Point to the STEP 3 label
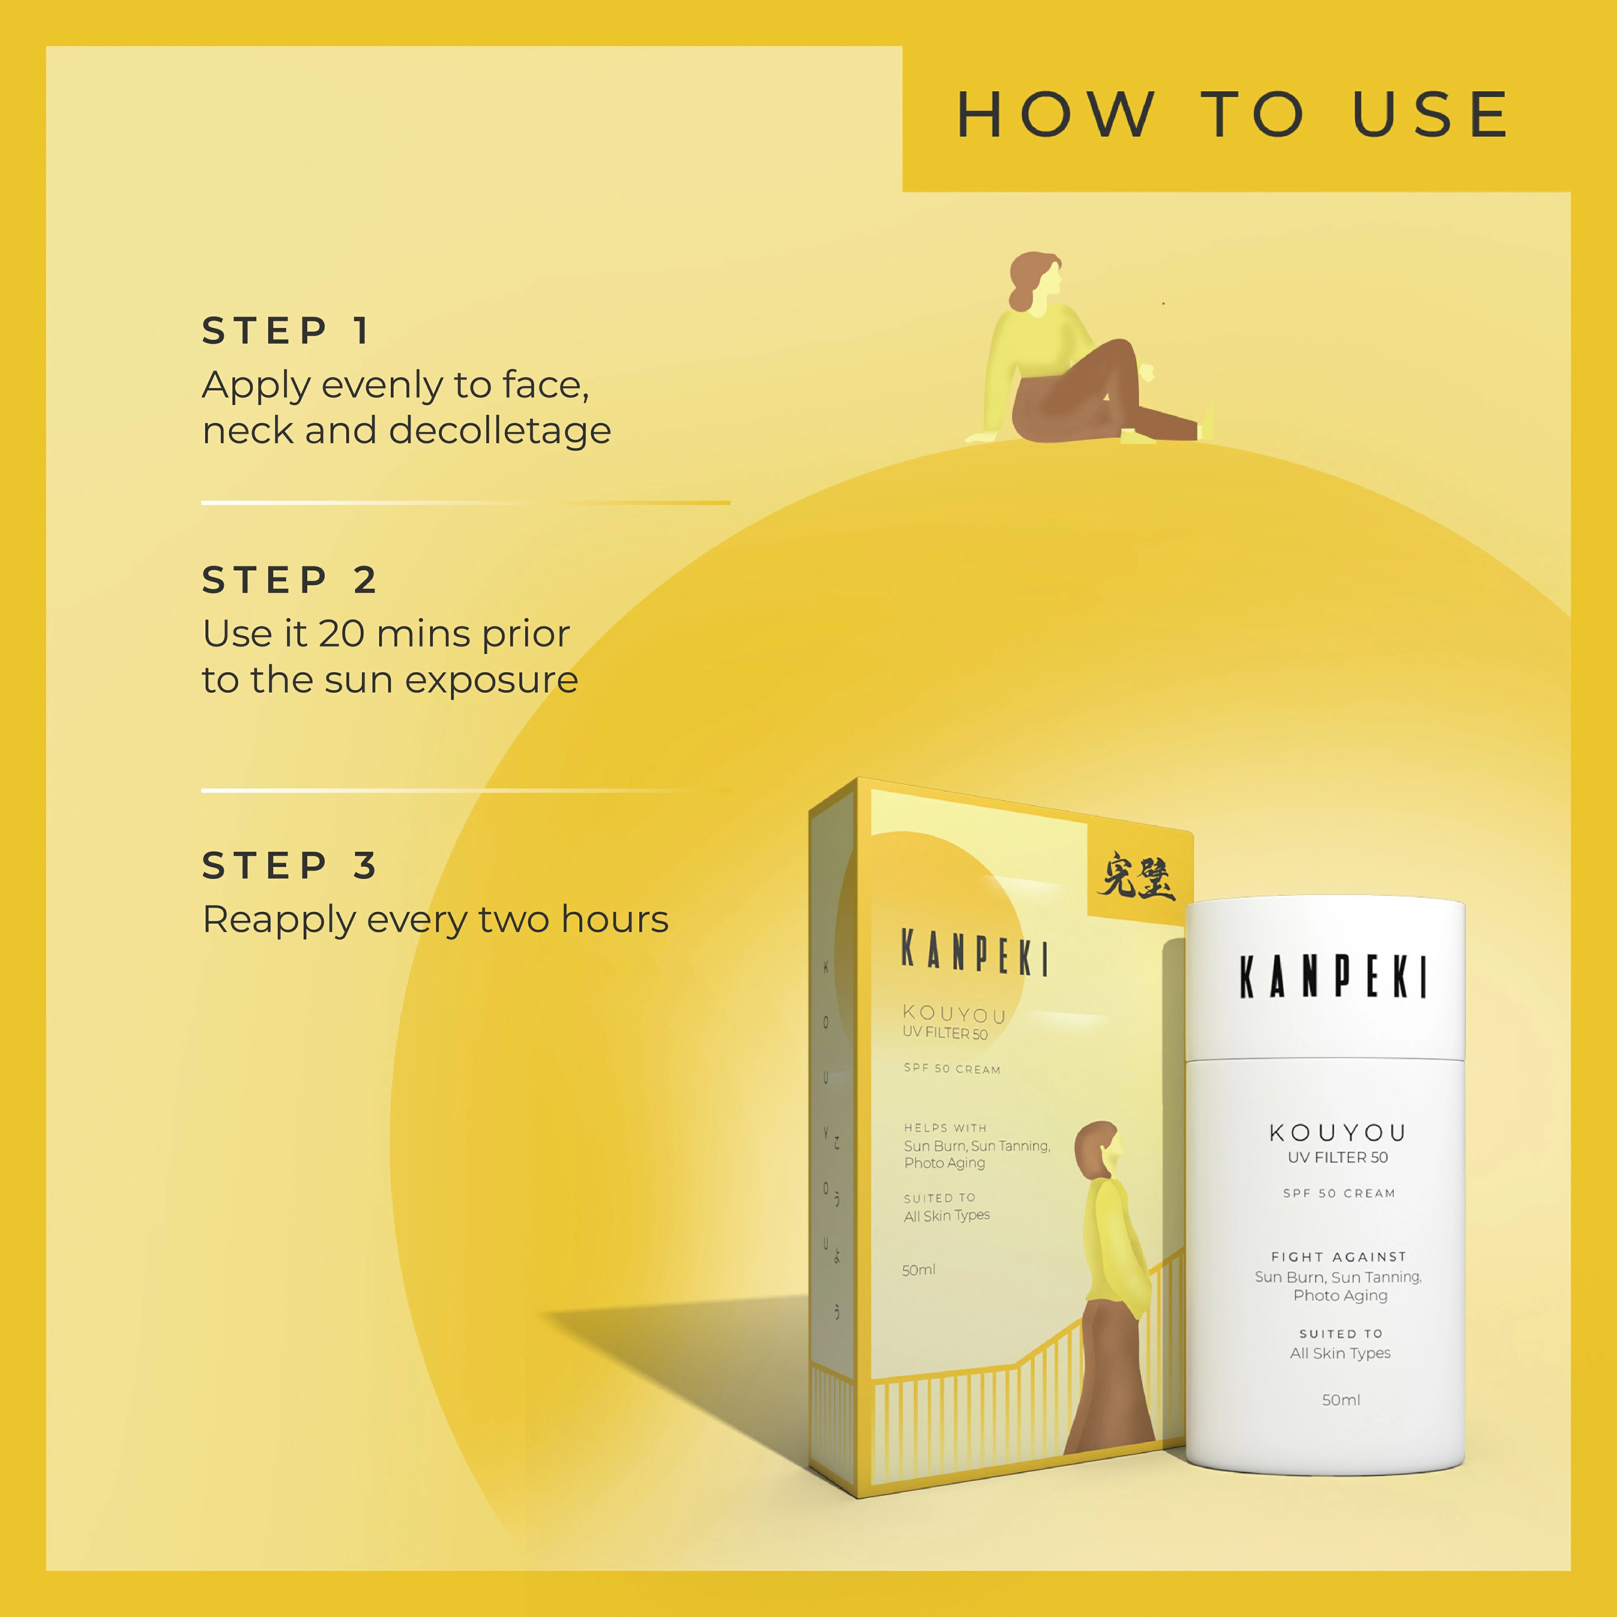tap(290, 865)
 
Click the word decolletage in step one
tap(500, 431)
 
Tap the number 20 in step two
tap(341, 634)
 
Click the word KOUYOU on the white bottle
tap(1337, 1132)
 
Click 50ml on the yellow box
tap(918, 1270)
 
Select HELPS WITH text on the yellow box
tap(945, 1127)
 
